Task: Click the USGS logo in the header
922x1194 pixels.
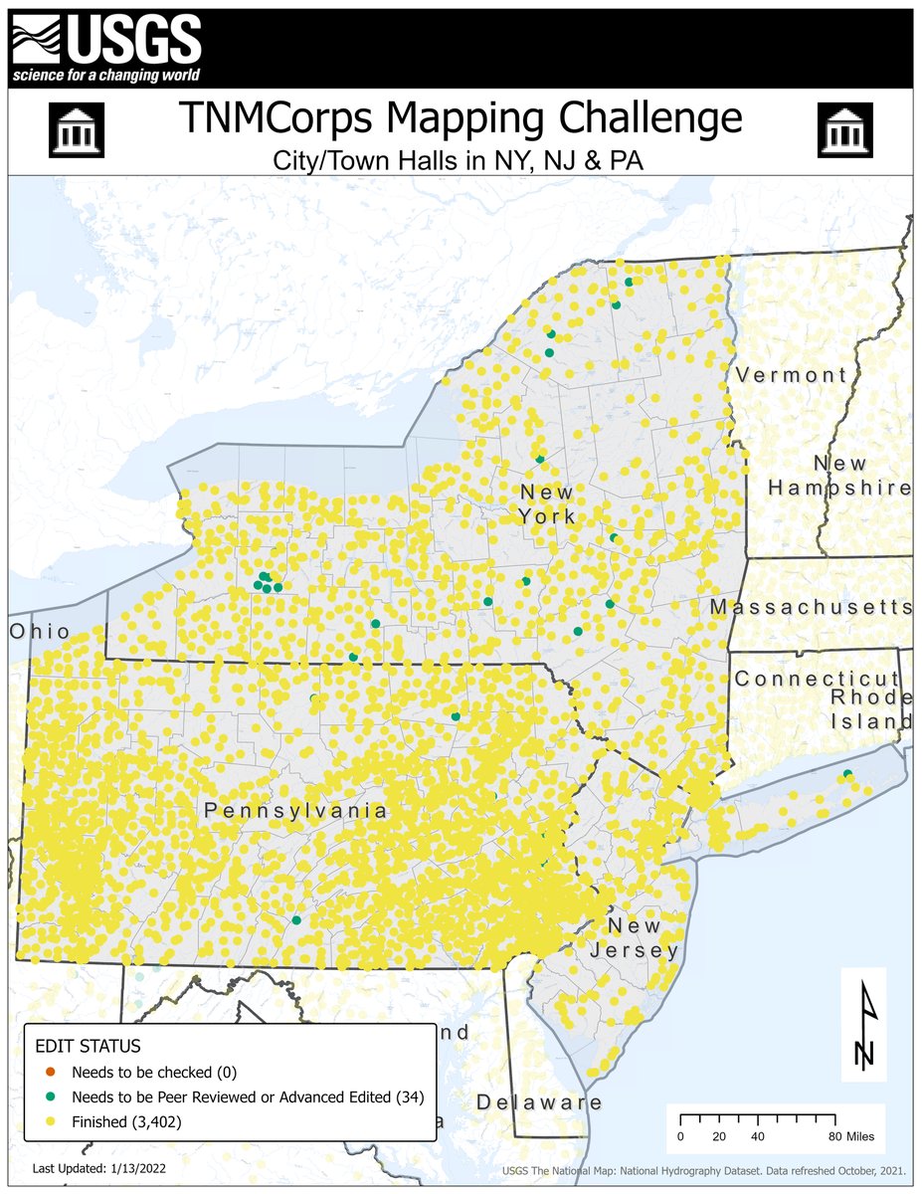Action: point(106,43)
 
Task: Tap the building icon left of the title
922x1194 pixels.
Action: point(76,129)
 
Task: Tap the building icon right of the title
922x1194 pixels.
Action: point(844,129)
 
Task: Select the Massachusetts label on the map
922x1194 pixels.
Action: point(811,607)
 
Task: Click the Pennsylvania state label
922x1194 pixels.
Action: point(295,811)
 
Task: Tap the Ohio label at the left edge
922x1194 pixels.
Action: point(40,632)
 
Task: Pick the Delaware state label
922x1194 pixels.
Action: point(539,1102)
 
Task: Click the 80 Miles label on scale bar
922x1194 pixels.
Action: point(853,1136)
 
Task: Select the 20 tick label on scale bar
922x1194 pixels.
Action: point(719,1136)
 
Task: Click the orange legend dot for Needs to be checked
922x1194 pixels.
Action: point(51,1073)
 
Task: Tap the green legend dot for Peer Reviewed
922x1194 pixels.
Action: point(51,1097)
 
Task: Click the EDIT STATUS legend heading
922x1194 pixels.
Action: point(88,1047)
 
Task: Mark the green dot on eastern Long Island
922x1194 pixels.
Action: point(847,774)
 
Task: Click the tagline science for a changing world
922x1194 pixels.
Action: point(105,76)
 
